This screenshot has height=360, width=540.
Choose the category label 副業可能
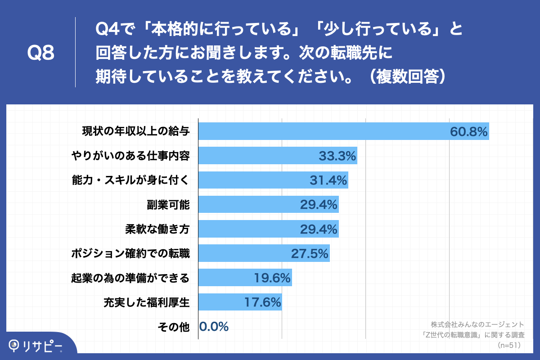pyautogui.click(x=168, y=205)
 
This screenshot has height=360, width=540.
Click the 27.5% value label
pyautogui.click(x=310, y=253)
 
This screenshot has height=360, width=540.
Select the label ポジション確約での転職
pyautogui.click(x=130, y=253)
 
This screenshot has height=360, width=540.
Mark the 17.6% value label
pyautogui.click(x=262, y=302)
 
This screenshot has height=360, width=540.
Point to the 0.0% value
pyautogui.click(x=214, y=326)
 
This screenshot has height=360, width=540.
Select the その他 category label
pyautogui.click(x=174, y=327)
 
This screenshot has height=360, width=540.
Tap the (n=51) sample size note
pyautogui.click(x=509, y=345)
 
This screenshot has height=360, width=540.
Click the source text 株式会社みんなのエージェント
pyautogui.click(x=477, y=324)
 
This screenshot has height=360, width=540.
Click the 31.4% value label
pyautogui.click(x=328, y=180)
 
